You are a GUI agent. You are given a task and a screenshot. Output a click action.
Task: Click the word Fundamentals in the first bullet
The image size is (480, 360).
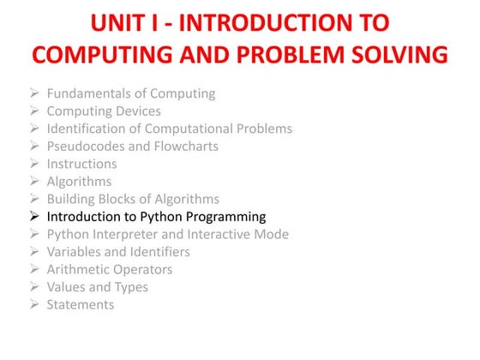click(88, 93)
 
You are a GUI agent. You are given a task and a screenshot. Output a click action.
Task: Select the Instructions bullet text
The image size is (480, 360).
click(81, 164)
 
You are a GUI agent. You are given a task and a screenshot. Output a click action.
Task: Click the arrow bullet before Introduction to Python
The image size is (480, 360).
click(33, 217)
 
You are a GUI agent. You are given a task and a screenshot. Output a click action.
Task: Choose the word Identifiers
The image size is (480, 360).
click(160, 252)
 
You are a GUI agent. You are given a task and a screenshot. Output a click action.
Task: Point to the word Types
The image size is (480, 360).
click(131, 287)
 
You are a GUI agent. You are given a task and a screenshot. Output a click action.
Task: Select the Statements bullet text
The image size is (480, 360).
click(80, 304)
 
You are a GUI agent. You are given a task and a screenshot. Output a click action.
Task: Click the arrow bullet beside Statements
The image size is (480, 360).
click(33, 304)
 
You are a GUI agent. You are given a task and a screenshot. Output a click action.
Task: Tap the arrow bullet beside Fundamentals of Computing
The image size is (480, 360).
click(33, 93)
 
